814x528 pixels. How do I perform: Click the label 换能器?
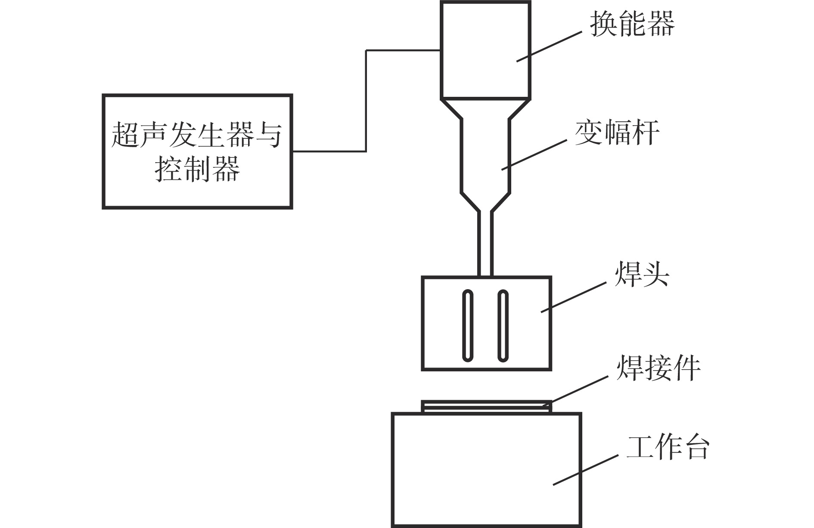coord(631,24)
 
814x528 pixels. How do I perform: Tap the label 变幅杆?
coord(617,132)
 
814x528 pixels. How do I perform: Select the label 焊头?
coord(641,273)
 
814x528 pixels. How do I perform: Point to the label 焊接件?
coord(658,368)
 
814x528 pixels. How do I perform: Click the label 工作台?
coord(668,448)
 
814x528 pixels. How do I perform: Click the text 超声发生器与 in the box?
coord(197,134)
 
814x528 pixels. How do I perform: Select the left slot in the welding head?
coord(467,326)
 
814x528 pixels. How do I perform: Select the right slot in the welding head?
coord(503,326)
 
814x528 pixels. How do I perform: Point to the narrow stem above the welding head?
coord(485,243)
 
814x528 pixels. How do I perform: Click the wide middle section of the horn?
coord(485,155)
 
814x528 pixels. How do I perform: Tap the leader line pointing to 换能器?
coord(549,46)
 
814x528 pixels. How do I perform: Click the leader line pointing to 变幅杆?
coord(534,154)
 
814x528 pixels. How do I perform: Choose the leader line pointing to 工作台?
coord(586,470)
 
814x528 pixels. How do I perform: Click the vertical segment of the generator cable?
coord(366,101)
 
